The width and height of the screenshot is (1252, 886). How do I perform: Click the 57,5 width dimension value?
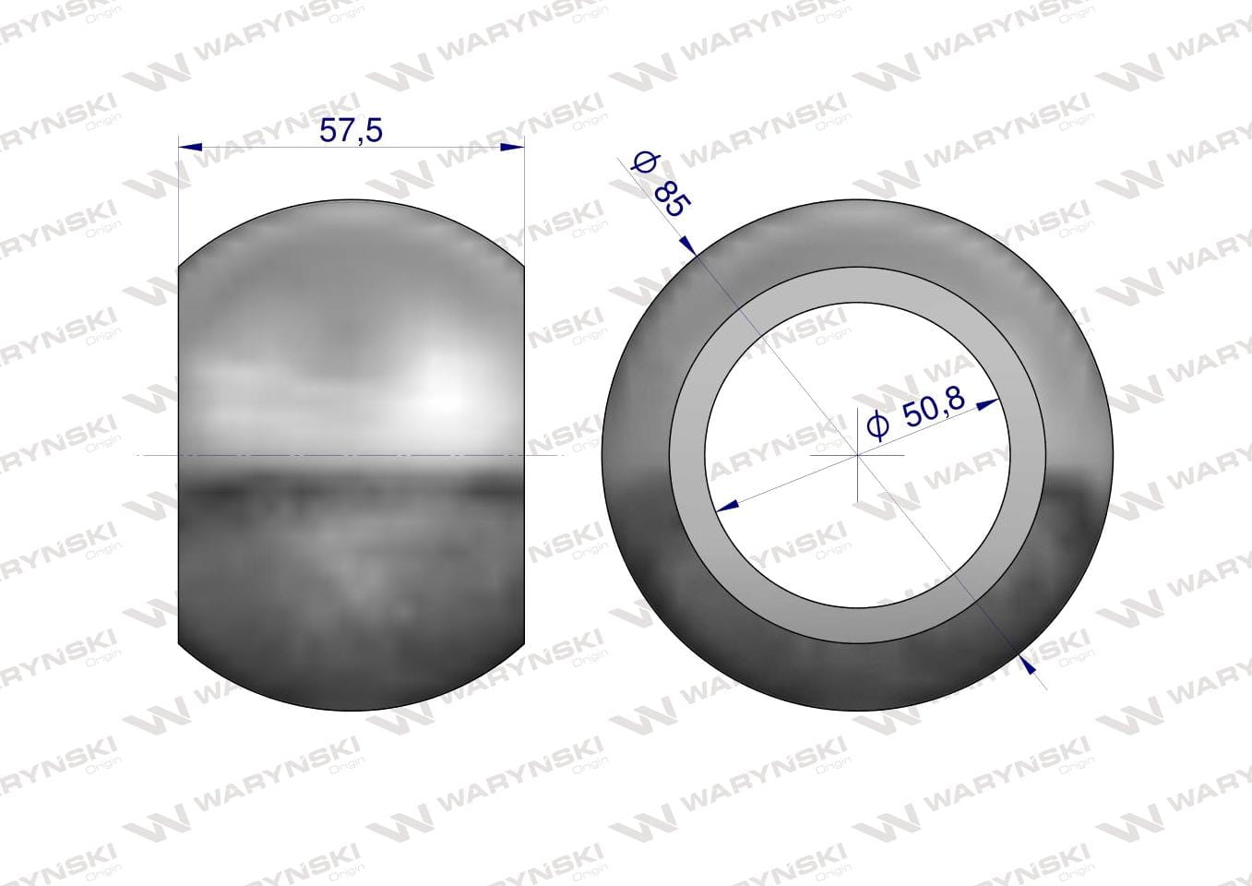point(351,132)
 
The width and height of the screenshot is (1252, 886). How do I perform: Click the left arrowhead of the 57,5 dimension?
point(190,147)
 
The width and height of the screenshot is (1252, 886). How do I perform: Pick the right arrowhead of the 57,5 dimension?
point(513,147)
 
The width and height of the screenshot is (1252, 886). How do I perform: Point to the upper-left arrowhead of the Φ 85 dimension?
point(688,246)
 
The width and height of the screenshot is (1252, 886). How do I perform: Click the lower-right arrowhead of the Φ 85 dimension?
point(1027,663)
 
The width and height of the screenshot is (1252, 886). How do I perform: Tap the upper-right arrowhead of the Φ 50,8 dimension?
point(987,403)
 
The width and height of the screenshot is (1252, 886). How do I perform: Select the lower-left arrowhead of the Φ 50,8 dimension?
point(727,506)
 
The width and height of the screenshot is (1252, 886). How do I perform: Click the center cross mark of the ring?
point(857,456)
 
